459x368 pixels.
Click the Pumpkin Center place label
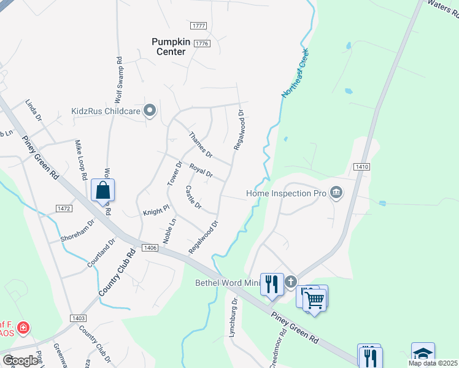coord(168,47)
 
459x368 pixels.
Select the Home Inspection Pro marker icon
coord(336,193)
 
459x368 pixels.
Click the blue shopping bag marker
coord(103,190)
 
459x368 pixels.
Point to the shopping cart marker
coord(315,299)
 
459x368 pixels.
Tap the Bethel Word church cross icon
coord(290,282)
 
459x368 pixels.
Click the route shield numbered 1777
coord(199,26)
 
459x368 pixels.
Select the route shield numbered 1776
coord(202,44)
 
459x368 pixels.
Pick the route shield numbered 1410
coord(361,166)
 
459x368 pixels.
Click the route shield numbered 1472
coord(64,209)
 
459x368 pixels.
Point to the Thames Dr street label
coord(200,145)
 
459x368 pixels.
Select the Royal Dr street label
coord(201,171)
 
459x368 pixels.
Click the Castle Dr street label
coord(193,197)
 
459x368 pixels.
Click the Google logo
coord(20,361)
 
